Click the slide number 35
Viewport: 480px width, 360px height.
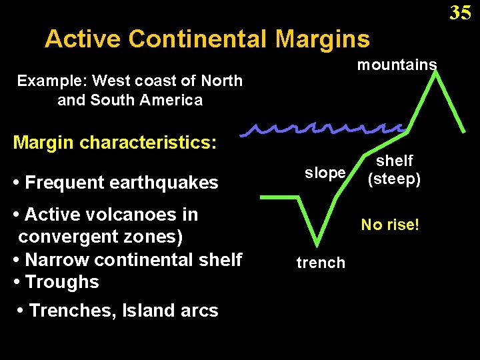pos(460,12)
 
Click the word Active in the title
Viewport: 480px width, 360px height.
pos(83,39)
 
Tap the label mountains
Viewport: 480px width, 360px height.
pos(397,65)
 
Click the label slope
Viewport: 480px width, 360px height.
pos(325,173)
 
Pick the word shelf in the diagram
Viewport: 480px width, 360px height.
pos(395,161)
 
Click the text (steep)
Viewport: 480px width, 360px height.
pos(395,179)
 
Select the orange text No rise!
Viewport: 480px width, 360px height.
pos(390,225)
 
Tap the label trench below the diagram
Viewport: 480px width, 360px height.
pos(321,263)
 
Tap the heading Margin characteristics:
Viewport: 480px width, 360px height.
pos(115,142)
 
